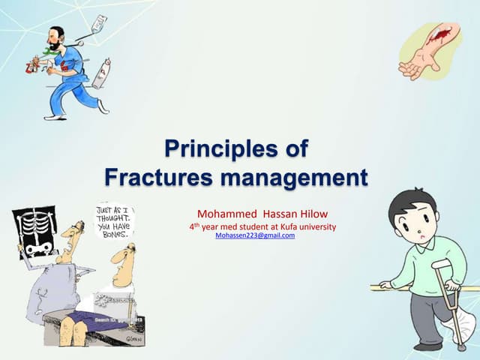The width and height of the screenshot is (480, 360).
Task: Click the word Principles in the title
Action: (x=205, y=148)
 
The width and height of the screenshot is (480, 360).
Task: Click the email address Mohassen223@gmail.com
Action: (x=255, y=235)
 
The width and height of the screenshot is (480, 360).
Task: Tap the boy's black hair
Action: (x=411, y=202)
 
